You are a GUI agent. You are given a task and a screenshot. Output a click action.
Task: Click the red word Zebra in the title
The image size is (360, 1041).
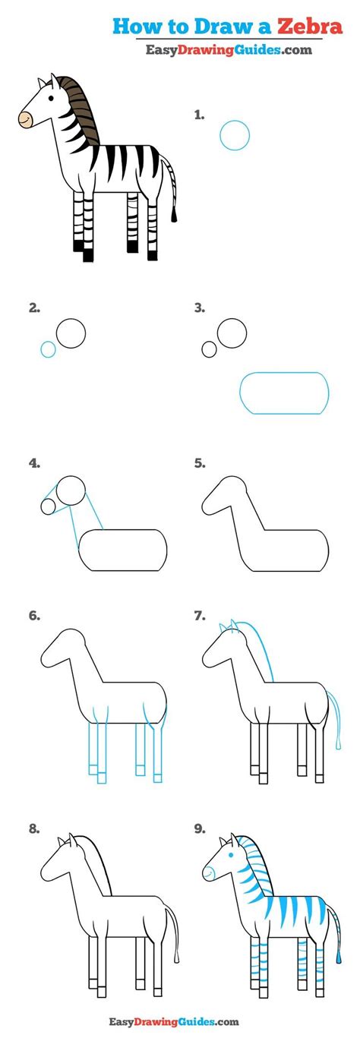[310, 26]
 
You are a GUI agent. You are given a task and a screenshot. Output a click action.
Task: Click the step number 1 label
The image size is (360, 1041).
[199, 115]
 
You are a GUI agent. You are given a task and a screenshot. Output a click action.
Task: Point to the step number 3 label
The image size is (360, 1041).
[200, 308]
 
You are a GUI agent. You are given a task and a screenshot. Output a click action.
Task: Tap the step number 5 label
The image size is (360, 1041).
[200, 463]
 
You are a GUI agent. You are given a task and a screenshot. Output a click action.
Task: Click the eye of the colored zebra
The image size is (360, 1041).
[51, 99]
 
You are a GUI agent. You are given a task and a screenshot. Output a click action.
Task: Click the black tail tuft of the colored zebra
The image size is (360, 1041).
[175, 214]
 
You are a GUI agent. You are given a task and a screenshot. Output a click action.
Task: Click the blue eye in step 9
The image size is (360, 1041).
[230, 855]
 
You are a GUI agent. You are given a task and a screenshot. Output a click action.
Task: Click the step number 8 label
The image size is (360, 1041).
[33, 828]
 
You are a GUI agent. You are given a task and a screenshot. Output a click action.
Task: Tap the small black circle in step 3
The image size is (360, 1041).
[209, 349]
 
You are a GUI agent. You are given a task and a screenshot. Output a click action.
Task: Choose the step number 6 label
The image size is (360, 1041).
[34, 616]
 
